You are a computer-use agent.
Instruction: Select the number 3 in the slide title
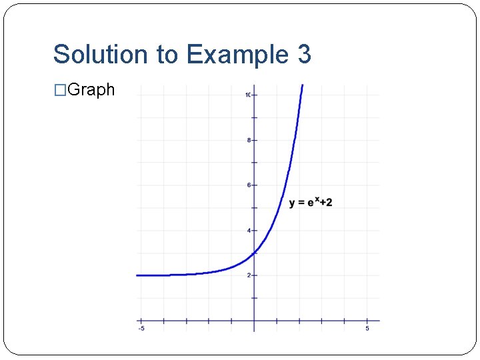pyautogui.click(x=304, y=54)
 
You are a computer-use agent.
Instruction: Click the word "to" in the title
pyautogui.click(x=169, y=54)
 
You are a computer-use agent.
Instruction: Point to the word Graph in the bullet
pyautogui.click(x=91, y=89)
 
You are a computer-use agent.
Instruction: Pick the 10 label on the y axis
pyautogui.click(x=247, y=95)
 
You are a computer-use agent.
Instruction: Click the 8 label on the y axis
pyautogui.click(x=249, y=140)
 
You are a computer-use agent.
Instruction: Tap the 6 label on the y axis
pyautogui.click(x=249, y=185)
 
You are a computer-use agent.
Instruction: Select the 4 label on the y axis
pyautogui.click(x=249, y=231)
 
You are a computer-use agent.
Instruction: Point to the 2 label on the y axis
pyautogui.click(x=249, y=275)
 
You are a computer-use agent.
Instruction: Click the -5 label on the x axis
pyautogui.click(x=141, y=329)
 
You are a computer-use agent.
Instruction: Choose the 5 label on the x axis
pyautogui.click(x=367, y=329)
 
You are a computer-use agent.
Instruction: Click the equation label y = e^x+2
pyautogui.click(x=311, y=203)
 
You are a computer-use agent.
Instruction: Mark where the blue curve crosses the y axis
pyautogui.click(x=254, y=253)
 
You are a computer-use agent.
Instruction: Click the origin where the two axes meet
pyautogui.click(x=254, y=321)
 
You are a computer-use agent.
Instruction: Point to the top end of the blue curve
pyautogui.click(x=302, y=85)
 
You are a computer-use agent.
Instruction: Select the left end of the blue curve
pyautogui.click(x=137, y=275)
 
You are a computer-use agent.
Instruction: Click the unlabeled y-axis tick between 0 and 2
pyautogui.click(x=254, y=298)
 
